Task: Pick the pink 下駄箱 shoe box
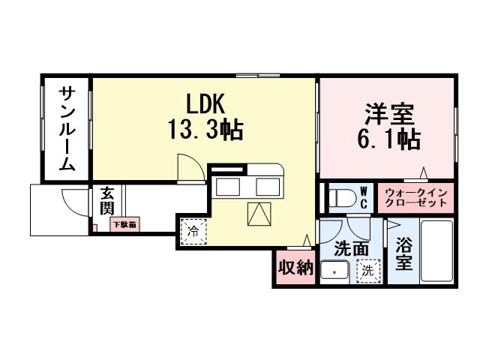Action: coord(124,223)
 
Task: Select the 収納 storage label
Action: coord(295,268)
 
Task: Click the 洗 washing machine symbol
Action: coord(368,269)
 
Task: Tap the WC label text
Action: coord(363,198)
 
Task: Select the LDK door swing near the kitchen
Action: coord(187,166)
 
